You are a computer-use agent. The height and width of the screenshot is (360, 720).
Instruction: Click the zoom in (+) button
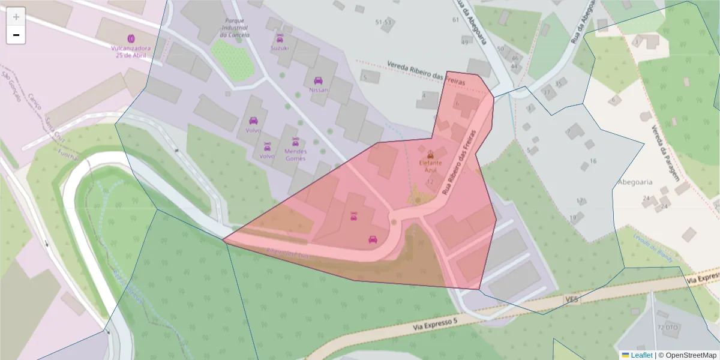pyautogui.click(x=16, y=17)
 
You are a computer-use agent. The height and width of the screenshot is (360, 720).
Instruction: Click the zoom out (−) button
pyautogui.click(x=16, y=35)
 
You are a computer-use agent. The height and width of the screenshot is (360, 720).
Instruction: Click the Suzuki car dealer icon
pyautogui.click(x=279, y=39)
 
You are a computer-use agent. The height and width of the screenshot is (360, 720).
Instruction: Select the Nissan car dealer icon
pyautogui.click(x=318, y=80)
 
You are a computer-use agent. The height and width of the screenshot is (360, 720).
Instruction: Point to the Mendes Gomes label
pyautogui.click(x=295, y=155)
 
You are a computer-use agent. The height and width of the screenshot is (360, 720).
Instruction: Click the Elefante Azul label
pyautogui.click(x=430, y=166)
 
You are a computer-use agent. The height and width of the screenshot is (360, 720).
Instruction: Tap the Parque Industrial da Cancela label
pyautogui.click(x=234, y=27)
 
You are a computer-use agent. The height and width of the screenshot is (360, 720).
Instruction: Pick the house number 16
pyautogui.click(x=593, y=161)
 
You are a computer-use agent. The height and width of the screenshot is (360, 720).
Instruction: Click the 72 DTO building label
pyautogui.click(x=668, y=328)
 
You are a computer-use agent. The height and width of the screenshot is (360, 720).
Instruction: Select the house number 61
pyautogui.click(x=455, y=20)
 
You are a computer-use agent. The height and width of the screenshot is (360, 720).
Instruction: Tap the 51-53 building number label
pyautogui.click(x=383, y=22)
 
